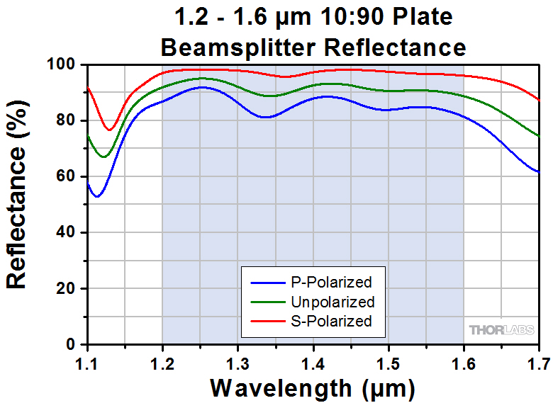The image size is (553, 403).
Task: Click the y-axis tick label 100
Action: tap(62, 64)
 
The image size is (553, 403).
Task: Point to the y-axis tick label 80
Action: tap(65, 120)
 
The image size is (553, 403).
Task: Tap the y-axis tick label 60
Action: tap(65, 176)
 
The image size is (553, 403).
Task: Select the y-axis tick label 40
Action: tap(65, 232)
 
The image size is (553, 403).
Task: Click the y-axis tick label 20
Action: tap(65, 289)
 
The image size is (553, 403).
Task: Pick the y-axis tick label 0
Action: tap(70, 345)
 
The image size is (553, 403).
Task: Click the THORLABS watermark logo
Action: tap(500, 330)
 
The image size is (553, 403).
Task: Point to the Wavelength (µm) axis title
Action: tap(313, 388)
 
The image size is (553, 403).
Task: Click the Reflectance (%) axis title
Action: tap(17, 204)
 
